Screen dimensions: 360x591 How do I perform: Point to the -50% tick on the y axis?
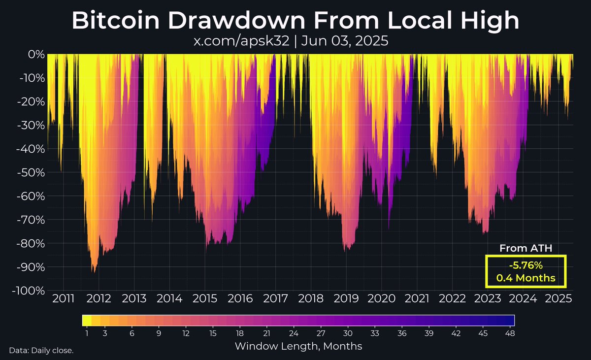31,172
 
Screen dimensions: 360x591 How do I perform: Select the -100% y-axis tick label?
28,291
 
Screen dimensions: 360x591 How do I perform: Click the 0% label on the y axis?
36,54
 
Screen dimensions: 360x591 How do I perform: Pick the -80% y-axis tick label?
31,244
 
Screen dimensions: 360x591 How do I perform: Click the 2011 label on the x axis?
64,299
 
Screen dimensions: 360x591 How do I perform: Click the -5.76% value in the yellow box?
525,266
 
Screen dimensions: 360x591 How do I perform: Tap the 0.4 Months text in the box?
525,278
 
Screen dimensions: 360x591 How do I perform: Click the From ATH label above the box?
525,249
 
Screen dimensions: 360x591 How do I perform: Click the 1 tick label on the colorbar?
87,333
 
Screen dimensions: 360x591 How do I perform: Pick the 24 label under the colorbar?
294,333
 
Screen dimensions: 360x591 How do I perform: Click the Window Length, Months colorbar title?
298,346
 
